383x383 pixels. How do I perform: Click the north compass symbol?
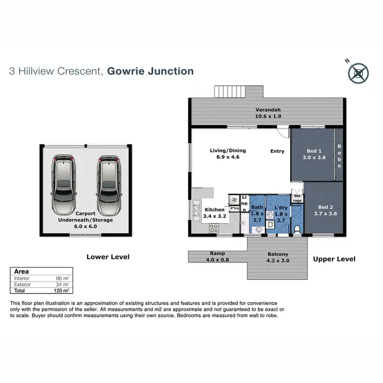[x=358, y=73]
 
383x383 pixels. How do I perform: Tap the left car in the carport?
[x=63, y=184]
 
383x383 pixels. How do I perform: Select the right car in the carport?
[x=108, y=184]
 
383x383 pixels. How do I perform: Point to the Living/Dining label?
[x=228, y=154]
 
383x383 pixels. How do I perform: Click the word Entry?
[x=277, y=151]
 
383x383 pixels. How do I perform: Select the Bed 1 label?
[x=314, y=154]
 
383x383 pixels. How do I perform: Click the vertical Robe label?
[x=339, y=155]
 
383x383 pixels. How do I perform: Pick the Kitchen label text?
[x=214, y=213]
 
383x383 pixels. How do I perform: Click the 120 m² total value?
[x=62, y=291]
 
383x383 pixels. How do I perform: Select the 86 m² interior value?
[x=62, y=278]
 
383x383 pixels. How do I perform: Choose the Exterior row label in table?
[x=22, y=284]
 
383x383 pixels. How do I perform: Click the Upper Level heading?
[x=334, y=259]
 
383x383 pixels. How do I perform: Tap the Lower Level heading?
[x=108, y=257]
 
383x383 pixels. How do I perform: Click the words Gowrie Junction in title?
[x=151, y=71]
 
